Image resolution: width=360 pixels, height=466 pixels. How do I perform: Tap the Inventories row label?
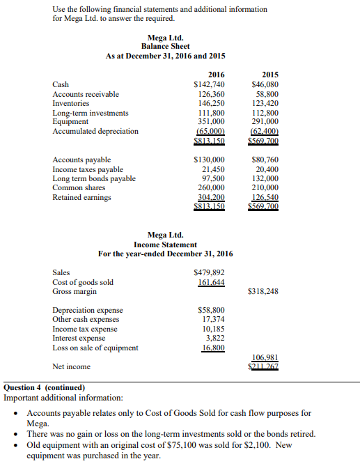pos(71,103)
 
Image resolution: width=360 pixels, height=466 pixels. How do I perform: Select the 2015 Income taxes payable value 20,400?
pos(265,169)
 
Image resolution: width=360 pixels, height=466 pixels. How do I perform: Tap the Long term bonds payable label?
pos(94,178)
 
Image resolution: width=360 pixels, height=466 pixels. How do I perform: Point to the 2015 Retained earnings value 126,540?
pos(265,197)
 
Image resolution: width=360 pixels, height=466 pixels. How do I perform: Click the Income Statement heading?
pos(165,244)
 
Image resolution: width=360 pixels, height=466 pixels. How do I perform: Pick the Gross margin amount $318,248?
pos(263,292)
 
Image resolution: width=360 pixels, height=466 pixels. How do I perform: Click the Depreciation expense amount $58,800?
pos(212,310)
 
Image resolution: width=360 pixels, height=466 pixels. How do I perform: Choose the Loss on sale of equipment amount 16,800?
pos(213,348)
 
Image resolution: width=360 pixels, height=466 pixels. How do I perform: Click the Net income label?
pos(71,366)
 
